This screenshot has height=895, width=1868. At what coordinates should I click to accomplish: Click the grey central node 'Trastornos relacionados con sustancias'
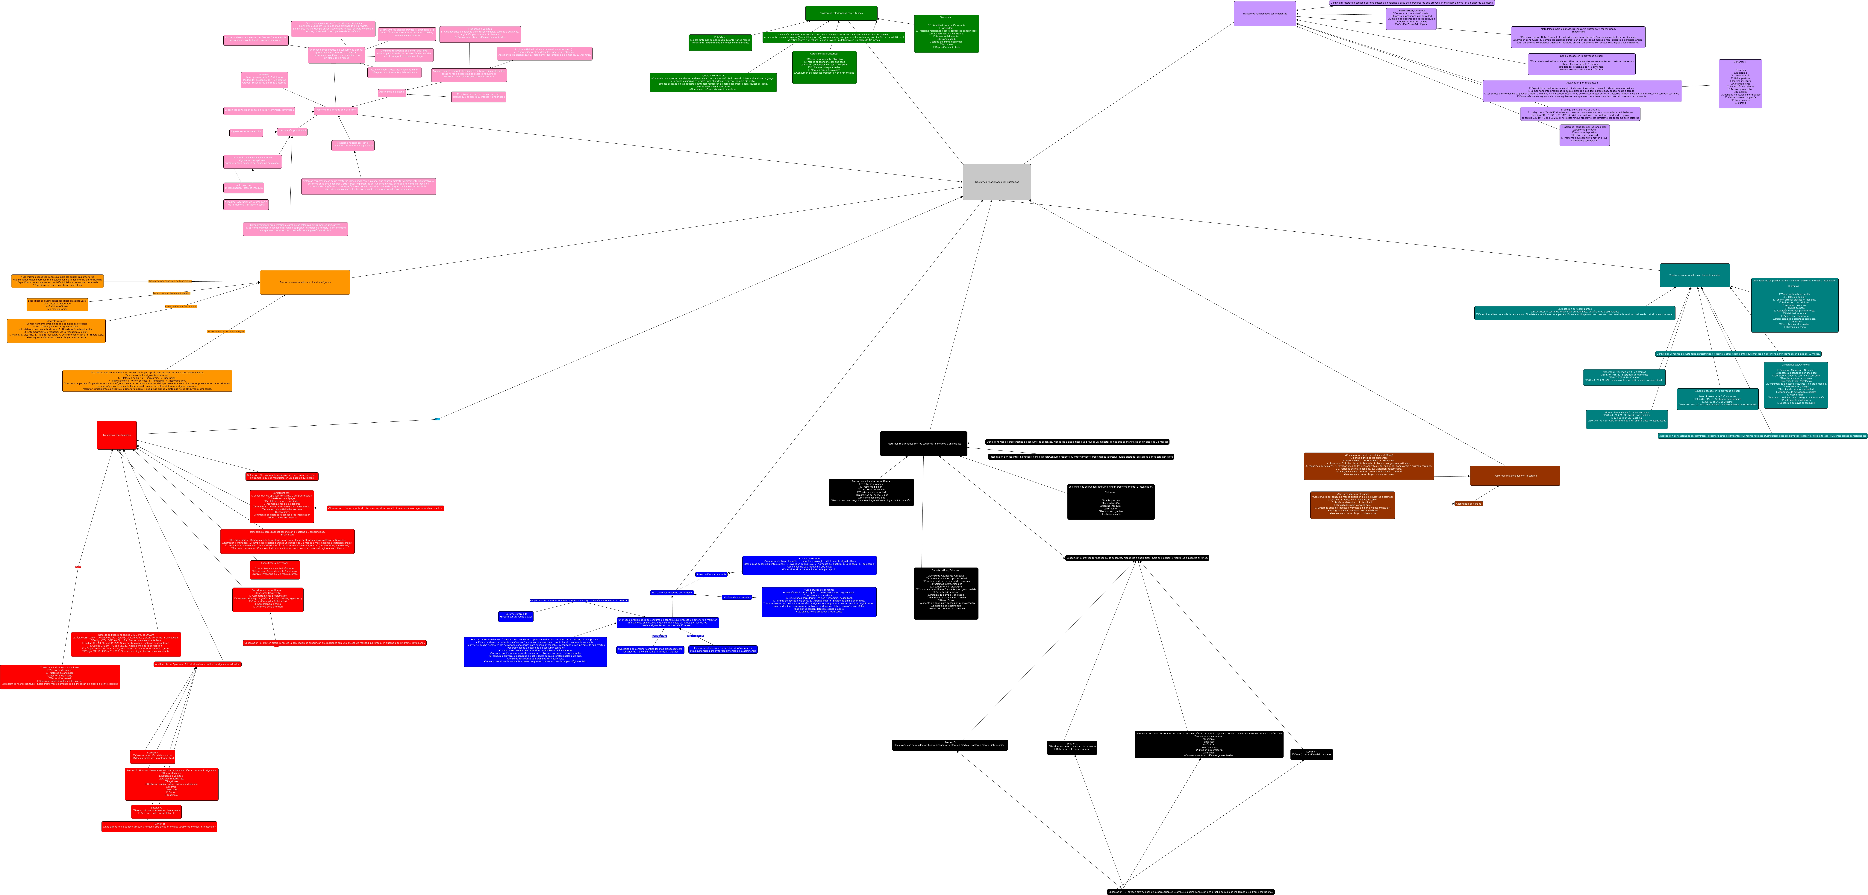point(996,182)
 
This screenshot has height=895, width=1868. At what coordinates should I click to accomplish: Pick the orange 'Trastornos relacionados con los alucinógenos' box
point(304,282)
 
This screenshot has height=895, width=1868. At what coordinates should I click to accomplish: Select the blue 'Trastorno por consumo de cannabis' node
point(672,593)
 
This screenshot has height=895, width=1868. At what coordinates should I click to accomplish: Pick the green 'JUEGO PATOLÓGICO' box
point(713,82)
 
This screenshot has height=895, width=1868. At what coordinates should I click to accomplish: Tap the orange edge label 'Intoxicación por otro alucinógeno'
point(226,331)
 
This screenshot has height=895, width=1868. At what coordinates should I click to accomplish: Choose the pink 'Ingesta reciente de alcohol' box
point(246,132)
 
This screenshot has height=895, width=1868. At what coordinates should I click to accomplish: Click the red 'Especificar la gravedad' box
point(275,569)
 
